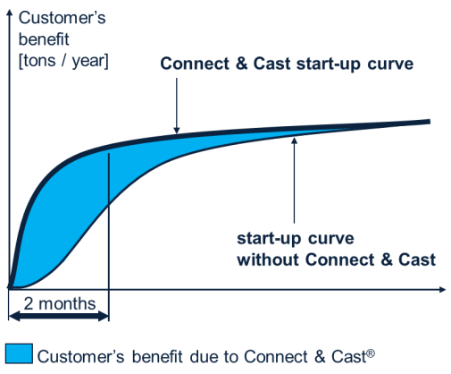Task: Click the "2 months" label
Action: [58, 303]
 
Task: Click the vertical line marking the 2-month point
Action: [108, 224]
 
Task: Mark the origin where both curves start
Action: [10, 286]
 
